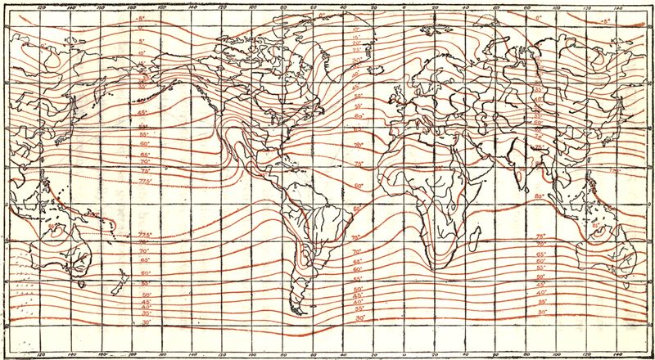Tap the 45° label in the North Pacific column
(x=142, y=112)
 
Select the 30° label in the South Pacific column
(x=147, y=324)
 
